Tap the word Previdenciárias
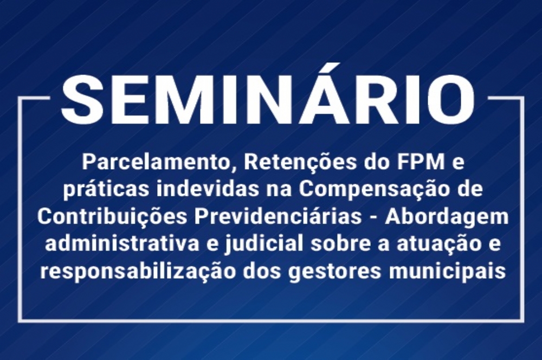[278, 217]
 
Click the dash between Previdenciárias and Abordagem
[373, 218]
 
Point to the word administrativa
[122, 244]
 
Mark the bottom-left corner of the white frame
[20, 320]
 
